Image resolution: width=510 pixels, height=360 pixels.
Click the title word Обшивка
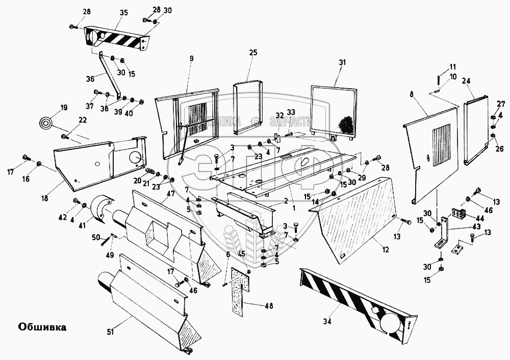pyautogui.click(x=42, y=326)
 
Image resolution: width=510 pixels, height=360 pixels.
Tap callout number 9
pyautogui.click(x=191, y=59)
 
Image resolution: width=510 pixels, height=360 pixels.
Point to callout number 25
pyautogui.click(x=253, y=53)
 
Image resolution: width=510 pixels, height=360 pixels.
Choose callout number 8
pyautogui.click(x=412, y=94)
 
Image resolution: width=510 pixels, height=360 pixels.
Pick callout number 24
pyautogui.click(x=466, y=81)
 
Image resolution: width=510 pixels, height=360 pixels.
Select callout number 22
pyautogui.click(x=83, y=120)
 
